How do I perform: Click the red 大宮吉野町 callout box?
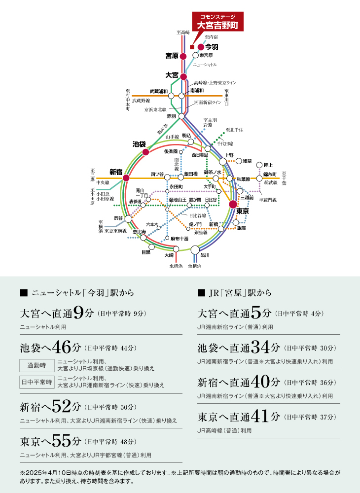click(x=217, y=22)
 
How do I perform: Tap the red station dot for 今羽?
click(x=201, y=47)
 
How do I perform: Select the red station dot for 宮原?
click(x=183, y=57)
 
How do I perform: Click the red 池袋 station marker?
click(x=145, y=152)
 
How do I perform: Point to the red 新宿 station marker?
click(x=126, y=178)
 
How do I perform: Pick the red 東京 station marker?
click(x=233, y=205)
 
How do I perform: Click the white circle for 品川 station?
click(x=195, y=250)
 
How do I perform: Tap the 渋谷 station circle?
click(x=128, y=219)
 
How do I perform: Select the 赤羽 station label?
click(x=171, y=116)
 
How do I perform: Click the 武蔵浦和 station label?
click(x=159, y=92)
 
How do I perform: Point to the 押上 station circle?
click(x=259, y=165)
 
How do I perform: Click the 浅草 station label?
click(x=247, y=161)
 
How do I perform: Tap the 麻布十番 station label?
click(x=180, y=239)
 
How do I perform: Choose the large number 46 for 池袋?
click(x=62, y=347)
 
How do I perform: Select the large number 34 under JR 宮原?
click(x=261, y=347)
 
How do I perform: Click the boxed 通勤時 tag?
click(x=37, y=365)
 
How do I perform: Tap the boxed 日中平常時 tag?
click(x=37, y=383)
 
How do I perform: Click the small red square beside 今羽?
click(x=192, y=47)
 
